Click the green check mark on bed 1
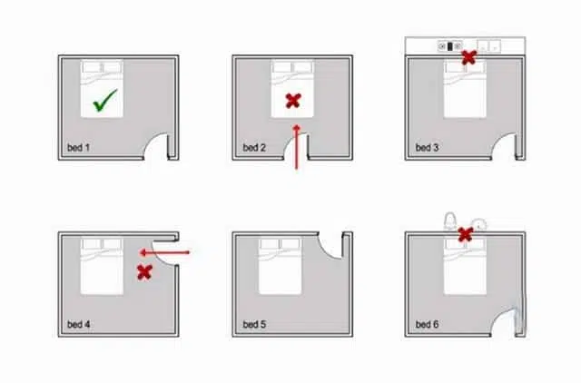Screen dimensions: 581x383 coord(105,100)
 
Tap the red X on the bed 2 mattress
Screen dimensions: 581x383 coord(293,101)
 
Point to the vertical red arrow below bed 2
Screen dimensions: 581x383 coord(297,147)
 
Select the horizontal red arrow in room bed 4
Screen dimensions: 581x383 coord(164,253)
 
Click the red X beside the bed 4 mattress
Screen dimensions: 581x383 coord(144,272)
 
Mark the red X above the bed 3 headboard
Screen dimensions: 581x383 coord(468,57)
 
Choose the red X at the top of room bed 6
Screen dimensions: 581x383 coord(466,234)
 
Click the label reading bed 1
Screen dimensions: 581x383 coord(78,147)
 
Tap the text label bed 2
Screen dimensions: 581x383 coord(254,147)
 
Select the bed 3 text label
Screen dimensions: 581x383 coord(427,147)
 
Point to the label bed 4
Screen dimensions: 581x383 coord(78,325)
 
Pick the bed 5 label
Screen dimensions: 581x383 coord(254,325)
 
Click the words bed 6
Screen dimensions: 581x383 coord(427,325)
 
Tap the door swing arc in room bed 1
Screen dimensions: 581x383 coord(150,139)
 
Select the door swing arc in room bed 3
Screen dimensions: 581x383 coord(497,139)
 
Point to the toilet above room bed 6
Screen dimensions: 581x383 coord(450,221)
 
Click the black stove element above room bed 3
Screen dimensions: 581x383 coord(450,46)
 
